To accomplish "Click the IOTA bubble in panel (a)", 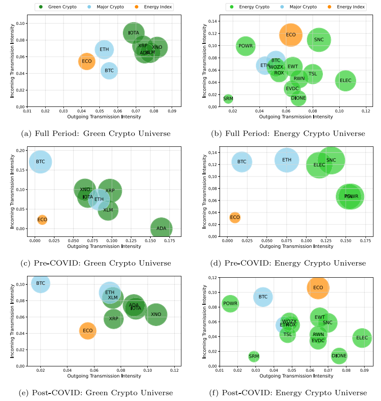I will pyautogui.click(x=134, y=33).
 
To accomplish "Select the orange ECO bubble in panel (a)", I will pyautogui.click(x=87, y=61).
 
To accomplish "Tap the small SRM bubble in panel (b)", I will pyautogui.click(x=228, y=98).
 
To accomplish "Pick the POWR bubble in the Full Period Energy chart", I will pyautogui.click(x=245, y=46).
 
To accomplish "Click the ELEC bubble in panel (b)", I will pyautogui.click(x=346, y=81).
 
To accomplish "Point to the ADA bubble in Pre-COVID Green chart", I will pyautogui.click(x=161, y=228).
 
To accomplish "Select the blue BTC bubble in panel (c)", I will pyautogui.click(x=40, y=162).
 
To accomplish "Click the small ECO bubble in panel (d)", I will pyautogui.click(x=235, y=217).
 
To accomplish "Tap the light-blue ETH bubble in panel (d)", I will pyautogui.click(x=287, y=160).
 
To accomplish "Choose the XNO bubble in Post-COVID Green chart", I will pyautogui.click(x=156, y=315).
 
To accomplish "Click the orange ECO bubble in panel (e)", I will pyautogui.click(x=88, y=330).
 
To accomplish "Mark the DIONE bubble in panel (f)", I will pyautogui.click(x=339, y=356).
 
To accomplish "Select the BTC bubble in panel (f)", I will pyautogui.click(x=263, y=297).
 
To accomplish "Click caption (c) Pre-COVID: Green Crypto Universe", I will pyautogui.click(x=95, y=263).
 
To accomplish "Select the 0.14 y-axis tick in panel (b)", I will pyautogui.click(x=214, y=21).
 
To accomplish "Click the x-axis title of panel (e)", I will pyautogui.click(x=104, y=376).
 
